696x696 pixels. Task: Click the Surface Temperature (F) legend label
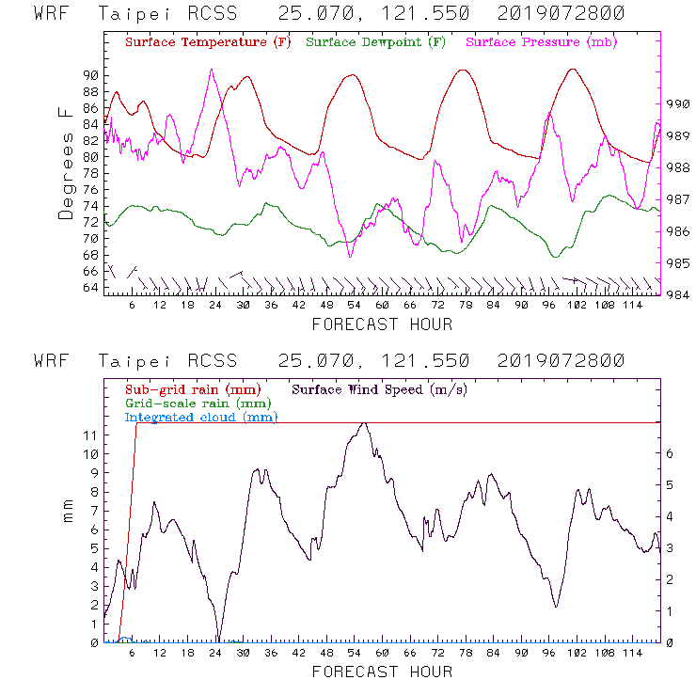208,42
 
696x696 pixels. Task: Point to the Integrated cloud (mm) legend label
201,417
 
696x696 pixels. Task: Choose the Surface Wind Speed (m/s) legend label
379,388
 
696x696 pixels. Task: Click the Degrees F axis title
66,163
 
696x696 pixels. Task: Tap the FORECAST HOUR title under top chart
382,324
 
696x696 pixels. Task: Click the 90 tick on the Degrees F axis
90,75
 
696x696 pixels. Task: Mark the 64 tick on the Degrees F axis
90,288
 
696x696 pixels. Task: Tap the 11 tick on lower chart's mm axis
90,435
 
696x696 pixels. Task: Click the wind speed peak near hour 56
363,423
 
